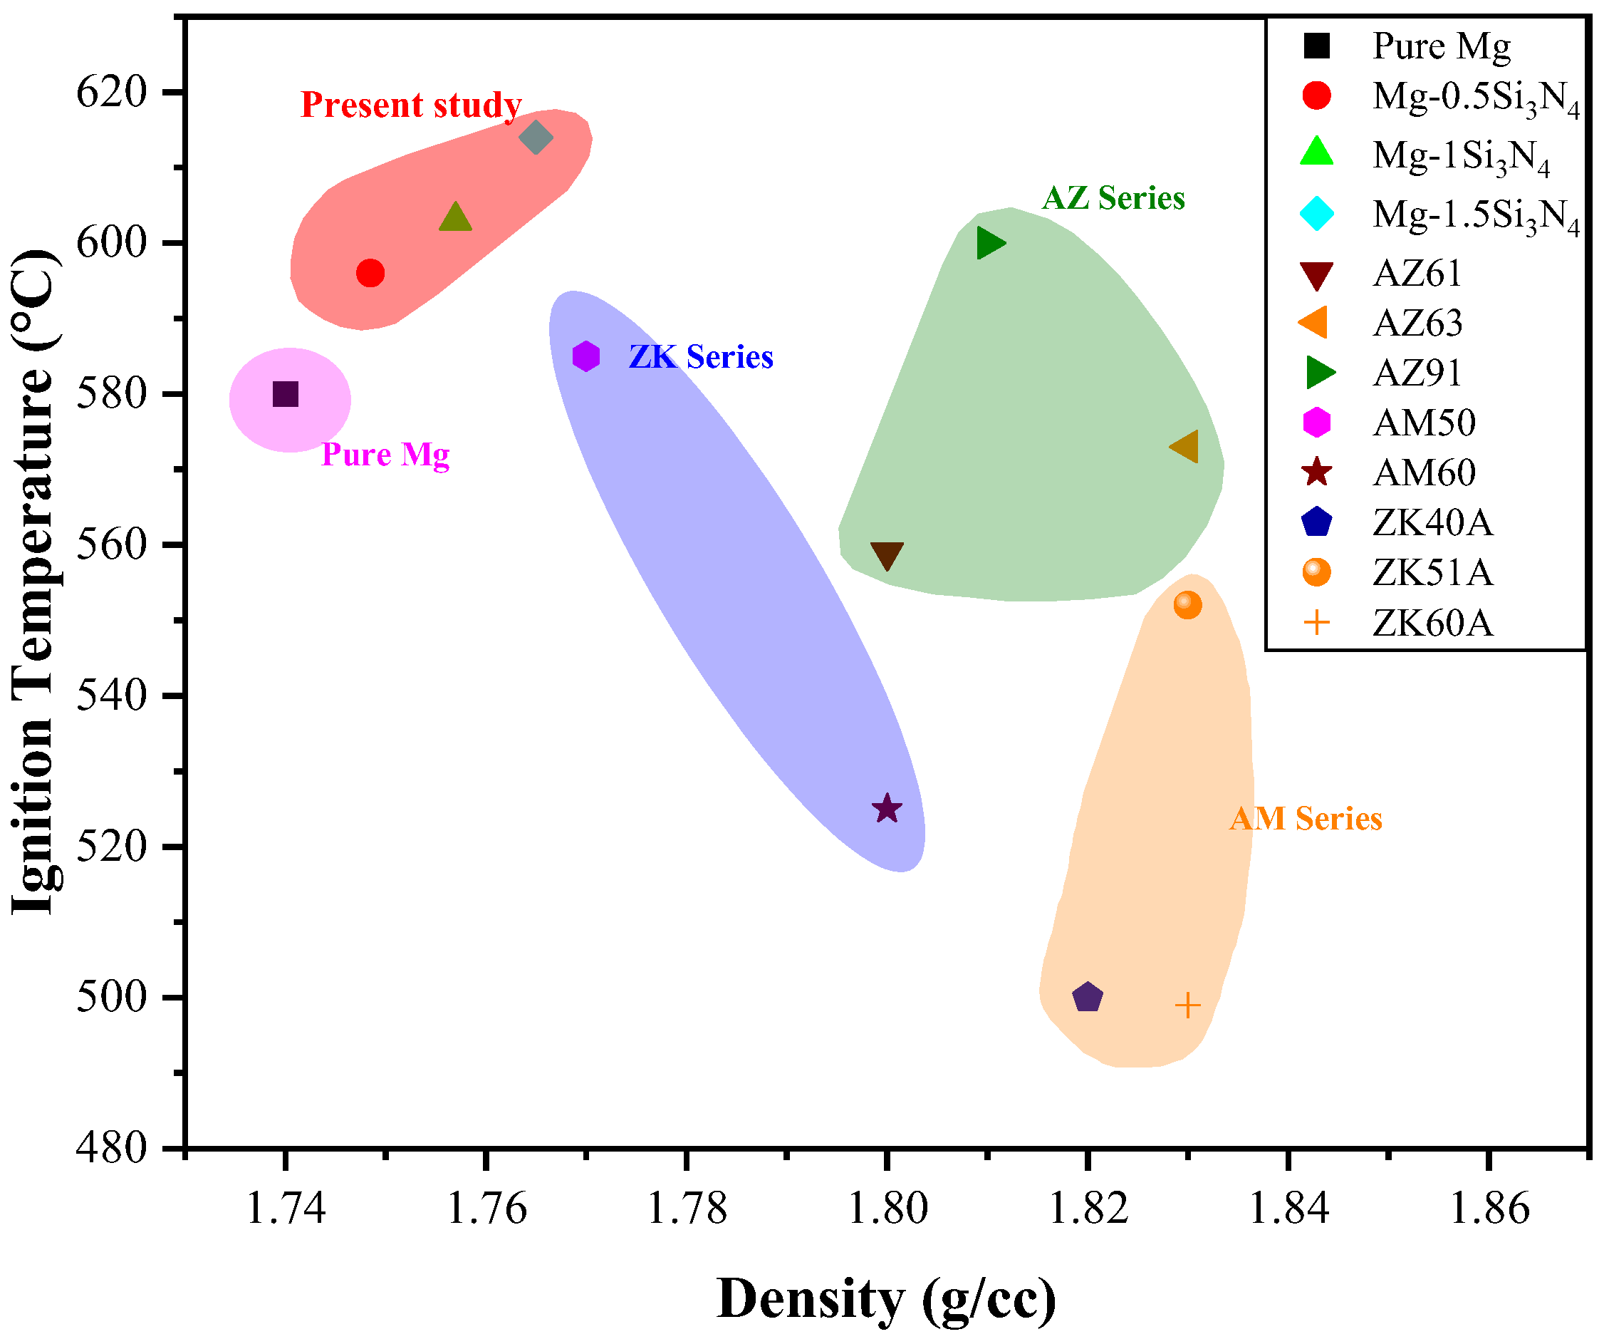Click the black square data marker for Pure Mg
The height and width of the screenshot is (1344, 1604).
[x=286, y=395]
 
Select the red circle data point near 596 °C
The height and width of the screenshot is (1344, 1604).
[x=370, y=273]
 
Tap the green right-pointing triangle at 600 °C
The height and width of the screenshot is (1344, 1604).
[x=990, y=244]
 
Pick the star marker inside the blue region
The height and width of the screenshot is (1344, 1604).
[x=887, y=808]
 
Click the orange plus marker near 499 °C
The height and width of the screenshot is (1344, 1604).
[x=1187, y=1006]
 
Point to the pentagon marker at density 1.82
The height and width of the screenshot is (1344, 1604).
[x=1087, y=998]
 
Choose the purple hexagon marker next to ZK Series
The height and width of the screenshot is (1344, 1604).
[x=586, y=356]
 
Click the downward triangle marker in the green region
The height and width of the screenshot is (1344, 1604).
[x=887, y=555]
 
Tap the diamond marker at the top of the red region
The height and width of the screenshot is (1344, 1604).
[x=536, y=138]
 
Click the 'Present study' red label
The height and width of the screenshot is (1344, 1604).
[x=411, y=105]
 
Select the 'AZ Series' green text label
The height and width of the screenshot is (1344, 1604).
[x=1113, y=198]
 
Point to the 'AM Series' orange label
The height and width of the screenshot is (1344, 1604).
[x=1306, y=819]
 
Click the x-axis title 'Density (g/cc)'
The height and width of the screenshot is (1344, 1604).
[x=886, y=1300]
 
